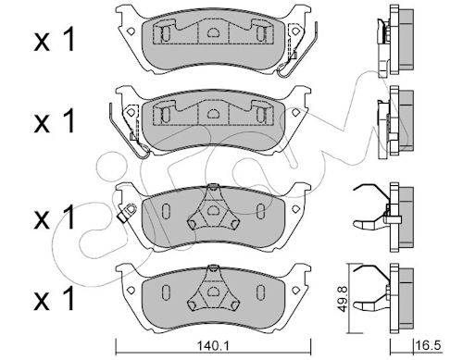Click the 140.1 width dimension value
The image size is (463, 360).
pos(213,346)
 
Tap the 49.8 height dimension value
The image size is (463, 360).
pos(343,299)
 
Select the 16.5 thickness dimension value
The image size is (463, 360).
pos(429,345)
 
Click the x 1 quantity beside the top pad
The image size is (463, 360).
pos(55,40)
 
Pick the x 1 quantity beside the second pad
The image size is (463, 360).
pos(55,121)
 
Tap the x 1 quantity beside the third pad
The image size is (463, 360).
pos(55,217)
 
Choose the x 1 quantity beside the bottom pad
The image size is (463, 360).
pos(55,299)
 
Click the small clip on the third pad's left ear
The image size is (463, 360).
pos(127,212)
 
